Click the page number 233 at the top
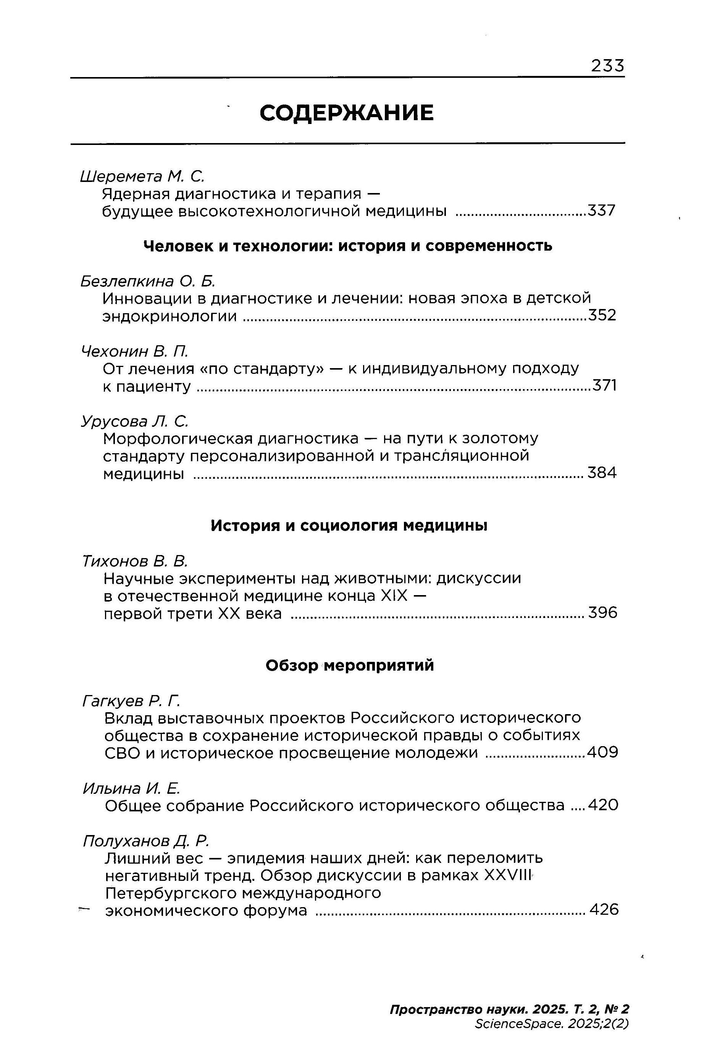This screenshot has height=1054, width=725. click(x=607, y=67)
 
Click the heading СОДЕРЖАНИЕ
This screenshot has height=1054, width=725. click(x=347, y=113)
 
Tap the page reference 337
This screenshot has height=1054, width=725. click(x=601, y=211)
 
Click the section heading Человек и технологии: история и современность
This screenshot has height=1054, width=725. click(x=348, y=246)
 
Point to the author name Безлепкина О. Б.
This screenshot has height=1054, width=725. click(x=148, y=282)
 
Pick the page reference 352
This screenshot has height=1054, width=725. click(x=602, y=315)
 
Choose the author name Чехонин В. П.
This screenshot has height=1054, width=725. click(x=134, y=351)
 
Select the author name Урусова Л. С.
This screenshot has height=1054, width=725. click(x=134, y=421)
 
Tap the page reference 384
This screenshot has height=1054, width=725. click(x=602, y=473)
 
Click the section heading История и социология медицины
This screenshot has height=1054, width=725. click(x=349, y=526)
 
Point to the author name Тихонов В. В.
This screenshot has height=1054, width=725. click(x=135, y=562)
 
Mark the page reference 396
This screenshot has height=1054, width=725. click(x=603, y=613)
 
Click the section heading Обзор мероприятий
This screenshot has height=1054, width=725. click(x=349, y=665)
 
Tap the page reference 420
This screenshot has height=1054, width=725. click(x=603, y=805)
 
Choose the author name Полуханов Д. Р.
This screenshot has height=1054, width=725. click(x=146, y=841)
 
